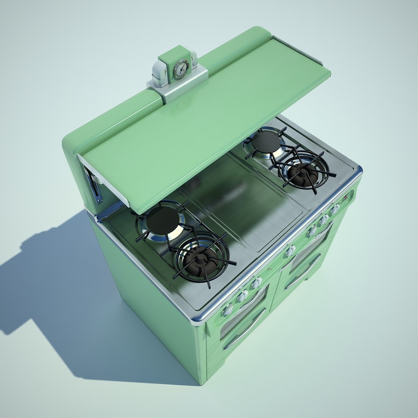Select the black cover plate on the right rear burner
click(x=266, y=142)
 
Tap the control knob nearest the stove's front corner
click(x=228, y=309)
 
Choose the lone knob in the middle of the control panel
click(x=290, y=251)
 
